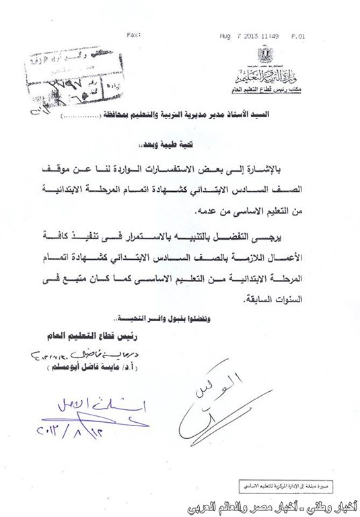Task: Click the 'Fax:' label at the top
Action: click(133, 34)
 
